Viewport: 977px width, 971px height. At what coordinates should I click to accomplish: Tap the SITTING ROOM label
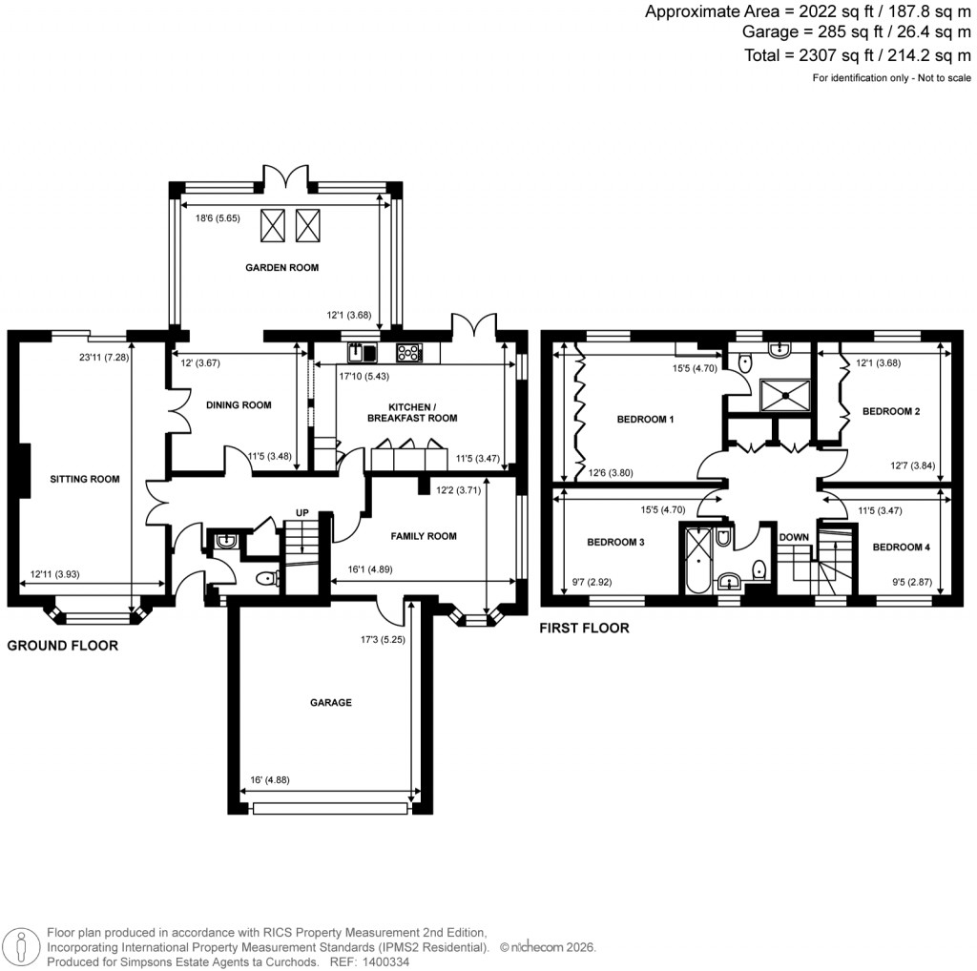tap(85, 479)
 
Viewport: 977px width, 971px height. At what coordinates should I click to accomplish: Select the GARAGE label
tap(330, 702)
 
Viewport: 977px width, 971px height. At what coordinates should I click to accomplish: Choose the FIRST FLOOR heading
tap(584, 629)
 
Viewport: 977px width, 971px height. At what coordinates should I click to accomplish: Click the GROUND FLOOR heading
tap(63, 646)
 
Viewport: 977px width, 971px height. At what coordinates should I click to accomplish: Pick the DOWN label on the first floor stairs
tap(794, 537)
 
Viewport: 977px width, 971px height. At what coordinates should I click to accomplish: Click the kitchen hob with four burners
tap(410, 353)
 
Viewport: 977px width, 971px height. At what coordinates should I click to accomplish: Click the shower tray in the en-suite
tap(783, 393)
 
